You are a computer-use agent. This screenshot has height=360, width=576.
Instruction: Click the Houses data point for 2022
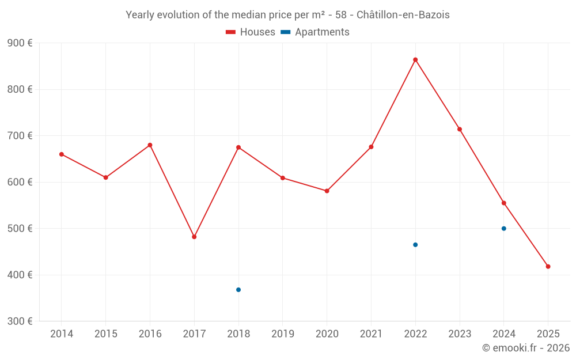tap(415, 60)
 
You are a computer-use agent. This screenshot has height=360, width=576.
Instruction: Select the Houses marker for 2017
tap(194, 237)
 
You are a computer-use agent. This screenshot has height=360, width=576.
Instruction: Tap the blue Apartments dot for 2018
tap(238, 290)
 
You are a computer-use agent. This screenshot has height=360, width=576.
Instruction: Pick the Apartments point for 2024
tap(504, 229)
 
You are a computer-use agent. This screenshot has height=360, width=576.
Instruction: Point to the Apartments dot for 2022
tap(415, 245)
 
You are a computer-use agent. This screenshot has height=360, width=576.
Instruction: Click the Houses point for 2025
tap(548, 267)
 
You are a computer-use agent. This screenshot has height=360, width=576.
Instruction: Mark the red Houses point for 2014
tap(62, 154)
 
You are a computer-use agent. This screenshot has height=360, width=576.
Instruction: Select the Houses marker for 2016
tap(150, 145)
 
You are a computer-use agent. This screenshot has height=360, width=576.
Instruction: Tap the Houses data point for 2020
tap(327, 191)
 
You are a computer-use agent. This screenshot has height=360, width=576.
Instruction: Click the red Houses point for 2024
tap(504, 203)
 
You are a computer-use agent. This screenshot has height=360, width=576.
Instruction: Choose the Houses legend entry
tap(251, 32)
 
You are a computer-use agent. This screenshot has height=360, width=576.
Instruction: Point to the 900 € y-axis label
tap(20, 43)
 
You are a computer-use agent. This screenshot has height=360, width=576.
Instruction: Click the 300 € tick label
tap(20, 321)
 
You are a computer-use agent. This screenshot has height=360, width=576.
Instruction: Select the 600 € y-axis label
tap(20, 182)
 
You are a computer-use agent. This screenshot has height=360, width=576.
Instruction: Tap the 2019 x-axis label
tap(283, 334)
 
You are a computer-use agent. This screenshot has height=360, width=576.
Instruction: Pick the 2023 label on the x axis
tap(460, 334)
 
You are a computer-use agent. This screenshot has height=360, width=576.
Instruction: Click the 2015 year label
tap(106, 334)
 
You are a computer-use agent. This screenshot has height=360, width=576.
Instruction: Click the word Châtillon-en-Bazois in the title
tap(403, 15)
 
